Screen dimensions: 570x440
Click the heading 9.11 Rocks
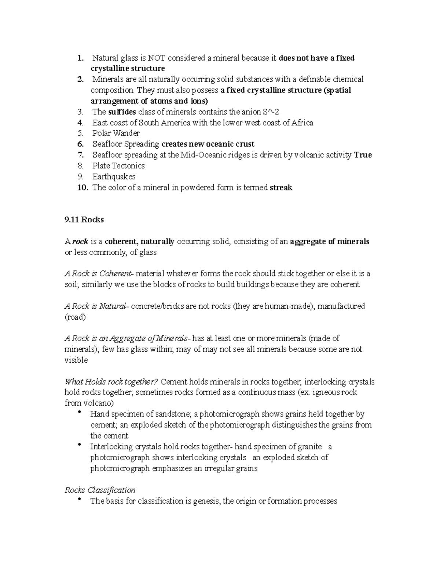point(84,220)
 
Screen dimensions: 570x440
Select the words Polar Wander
point(116,133)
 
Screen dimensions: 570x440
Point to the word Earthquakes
point(114,177)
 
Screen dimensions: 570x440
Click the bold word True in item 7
point(363,155)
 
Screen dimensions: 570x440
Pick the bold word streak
point(281,188)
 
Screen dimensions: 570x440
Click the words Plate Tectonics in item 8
point(118,166)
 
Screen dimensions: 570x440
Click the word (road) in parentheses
point(75,317)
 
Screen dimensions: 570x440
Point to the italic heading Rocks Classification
point(100,490)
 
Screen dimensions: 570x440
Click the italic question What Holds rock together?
point(111,382)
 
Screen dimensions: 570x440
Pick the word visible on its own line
point(76,360)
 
